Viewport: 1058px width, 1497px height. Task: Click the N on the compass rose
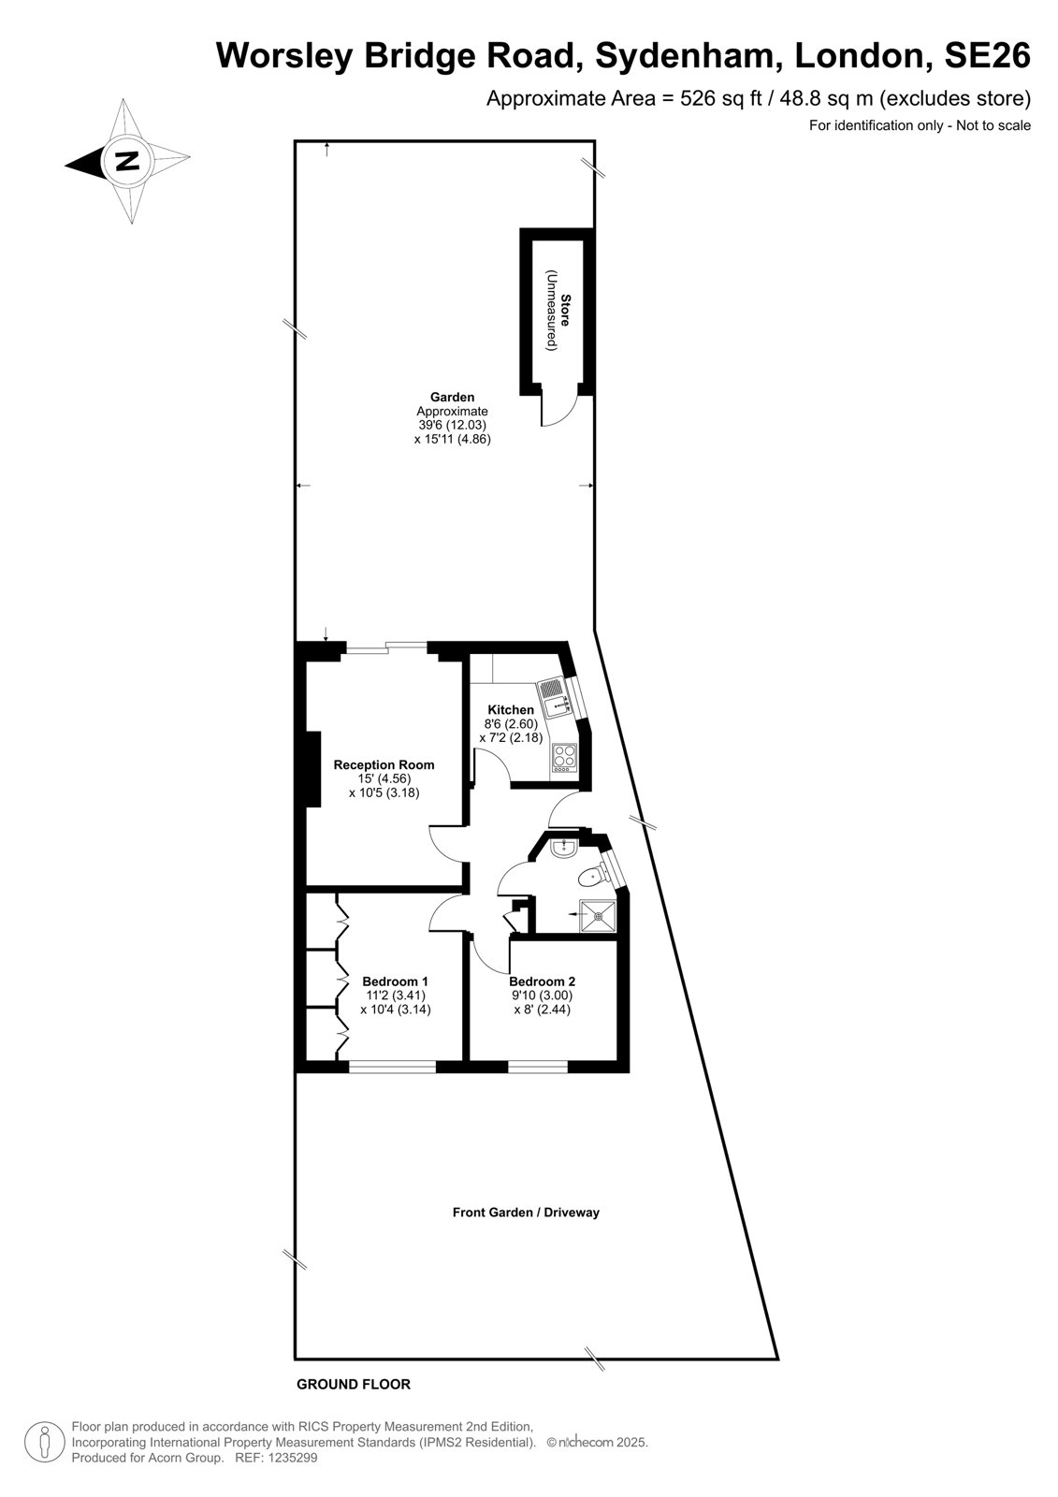pos(126,160)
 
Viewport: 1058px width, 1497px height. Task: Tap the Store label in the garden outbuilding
pos(565,310)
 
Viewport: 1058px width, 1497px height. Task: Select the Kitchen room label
pos(511,710)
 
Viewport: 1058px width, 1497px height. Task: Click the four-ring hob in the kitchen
pos(565,759)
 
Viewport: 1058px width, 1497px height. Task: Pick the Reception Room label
pos(384,764)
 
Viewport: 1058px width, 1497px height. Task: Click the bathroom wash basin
pos(565,849)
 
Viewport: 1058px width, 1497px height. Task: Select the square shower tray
pos(597,915)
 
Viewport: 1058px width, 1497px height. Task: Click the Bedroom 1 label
pos(395,981)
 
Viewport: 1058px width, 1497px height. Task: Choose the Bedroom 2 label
pos(542,981)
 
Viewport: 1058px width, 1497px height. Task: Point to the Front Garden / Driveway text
pos(526,1212)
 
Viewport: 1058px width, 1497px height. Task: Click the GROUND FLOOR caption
pos(354,1384)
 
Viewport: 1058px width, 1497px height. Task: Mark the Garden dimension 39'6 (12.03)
pos(453,425)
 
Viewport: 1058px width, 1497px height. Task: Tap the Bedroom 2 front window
pos(538,1066)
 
